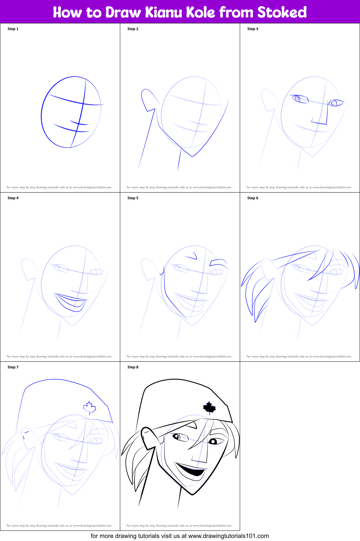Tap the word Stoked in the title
(282, 12)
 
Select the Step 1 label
(13, 29)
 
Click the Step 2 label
(133, 29)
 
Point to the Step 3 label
(253, 29)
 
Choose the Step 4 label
(13, 198)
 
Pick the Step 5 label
(133, 198)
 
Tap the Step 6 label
(253, 198)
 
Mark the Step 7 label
(13, 367)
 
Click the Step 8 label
(133, 367)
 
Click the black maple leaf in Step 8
(209, 407)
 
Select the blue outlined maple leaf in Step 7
(89, 407)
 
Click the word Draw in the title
(123, 12)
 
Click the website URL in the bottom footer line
(228, 536)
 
